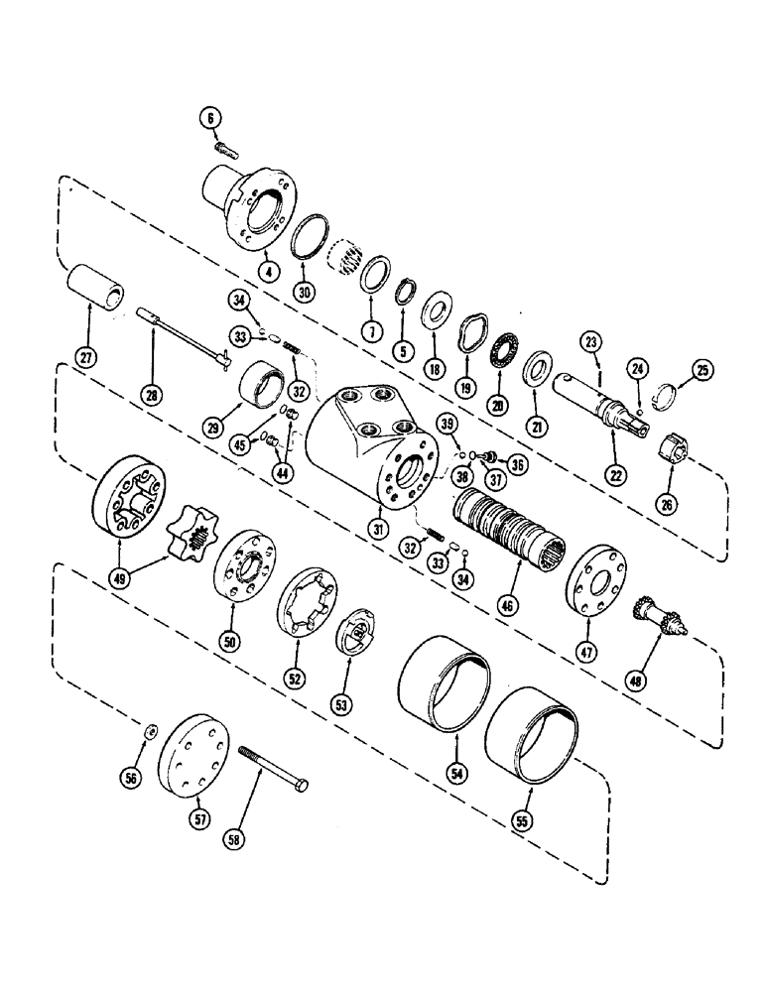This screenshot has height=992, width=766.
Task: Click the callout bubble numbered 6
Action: (x=209, y=116)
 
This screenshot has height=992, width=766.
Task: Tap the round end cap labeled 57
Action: (x=193, y=751)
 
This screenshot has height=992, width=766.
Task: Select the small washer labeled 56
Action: (x=149, y=731)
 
